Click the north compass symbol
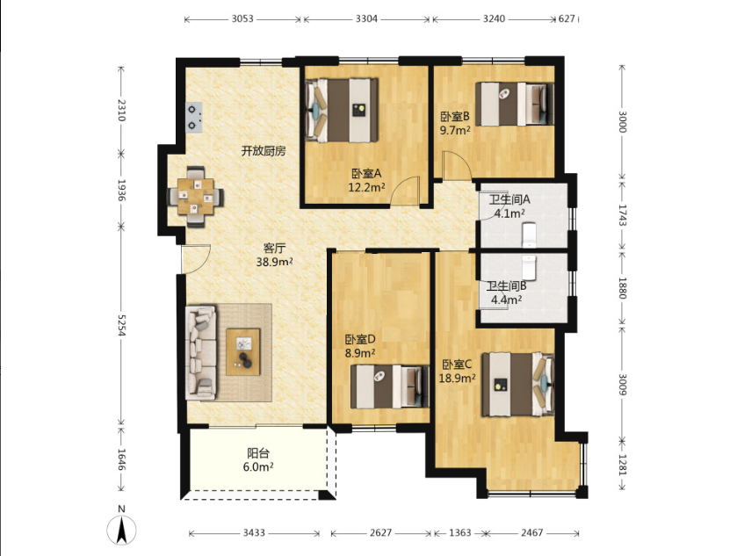click(x=122, y=529)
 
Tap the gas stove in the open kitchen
click(x=193, y=118)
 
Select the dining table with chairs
click(x=196, y=197)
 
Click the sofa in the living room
click(x=200, y=351)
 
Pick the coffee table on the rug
click(x=243, y=352)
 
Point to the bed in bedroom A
click(x=342, y=110)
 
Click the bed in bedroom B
click(x=515, y=105)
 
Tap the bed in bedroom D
click(x=389, y=386)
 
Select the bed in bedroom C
click(x=518, y=384)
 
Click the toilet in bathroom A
click(x=529, y=235)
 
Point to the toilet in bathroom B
click(x=529, y=267)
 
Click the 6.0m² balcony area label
click(x=258, y=467)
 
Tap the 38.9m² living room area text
click(x=274, y=262)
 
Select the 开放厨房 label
click(x=264, y=151)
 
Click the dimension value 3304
click(x=366, y=18)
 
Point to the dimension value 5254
click(x=120, y=326)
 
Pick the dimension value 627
click(x=567, y=18)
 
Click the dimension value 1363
click(x=459, y=533)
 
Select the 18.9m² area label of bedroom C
click(x=457, y=378)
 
